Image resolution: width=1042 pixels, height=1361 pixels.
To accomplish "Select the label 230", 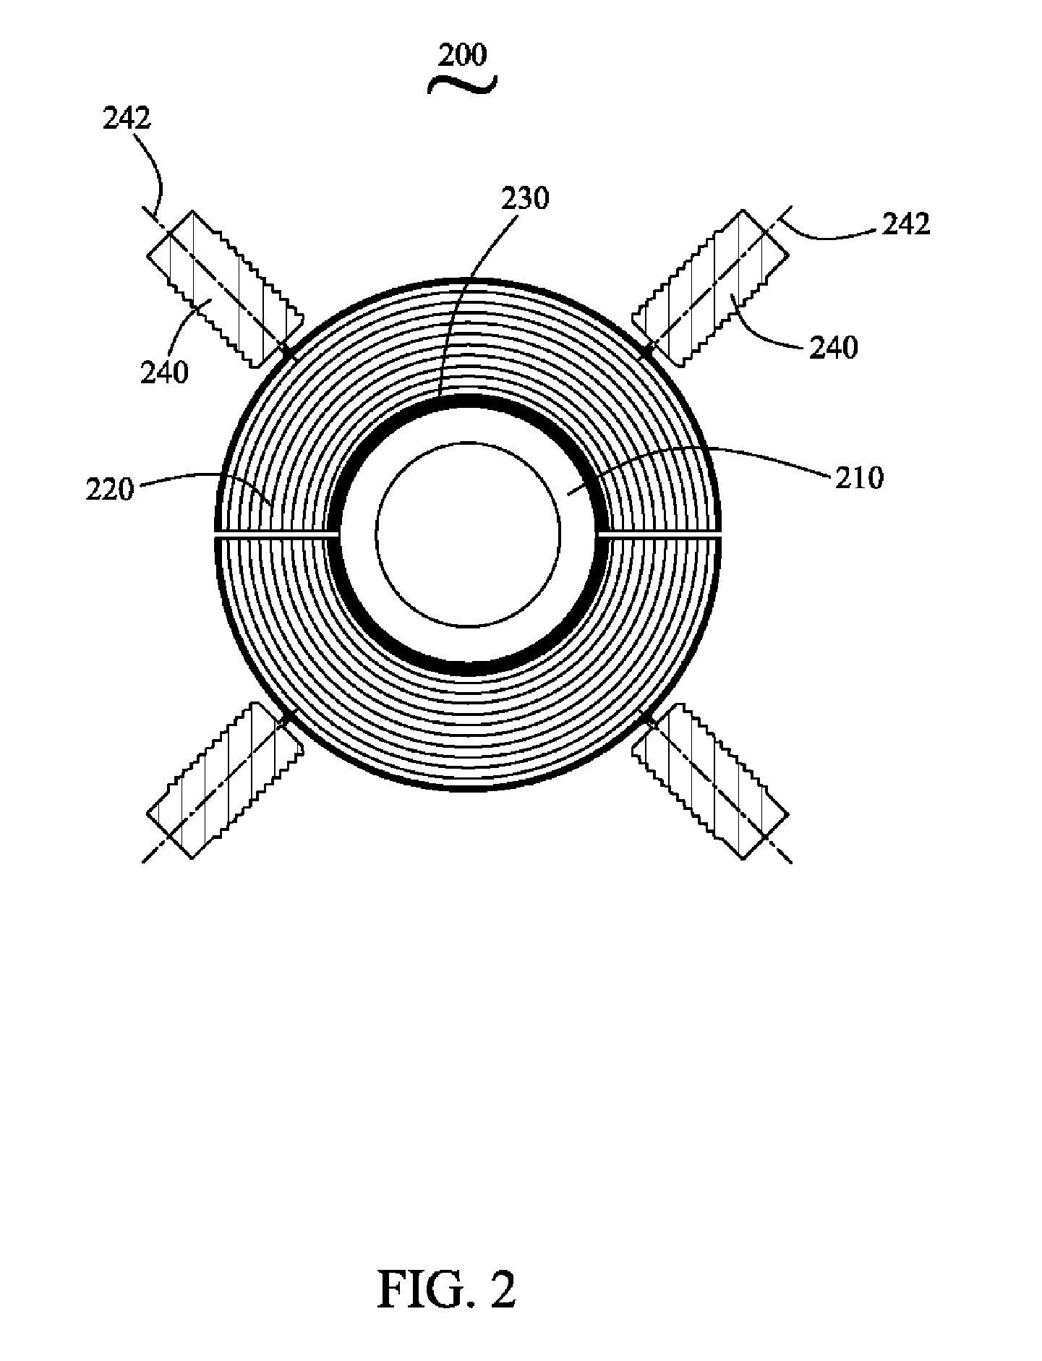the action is [526, 198].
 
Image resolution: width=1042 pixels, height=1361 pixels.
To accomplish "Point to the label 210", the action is [860, 478].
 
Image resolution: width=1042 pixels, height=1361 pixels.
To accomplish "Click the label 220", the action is [110, 490].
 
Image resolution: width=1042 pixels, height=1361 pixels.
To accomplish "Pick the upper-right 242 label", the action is [905, 224].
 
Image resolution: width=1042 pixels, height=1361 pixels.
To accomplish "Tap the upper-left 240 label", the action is [164, 372].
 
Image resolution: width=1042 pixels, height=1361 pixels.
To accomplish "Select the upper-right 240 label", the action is [834, 348].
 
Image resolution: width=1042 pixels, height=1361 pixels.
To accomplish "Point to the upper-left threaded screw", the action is [224, 286].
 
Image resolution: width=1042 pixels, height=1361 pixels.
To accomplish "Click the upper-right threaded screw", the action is [711, 286].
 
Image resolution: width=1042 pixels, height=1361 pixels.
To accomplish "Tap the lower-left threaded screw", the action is [224, 780].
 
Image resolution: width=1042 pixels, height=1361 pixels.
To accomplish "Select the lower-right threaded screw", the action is [711, 780].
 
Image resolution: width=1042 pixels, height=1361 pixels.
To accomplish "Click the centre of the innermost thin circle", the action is [468, 534].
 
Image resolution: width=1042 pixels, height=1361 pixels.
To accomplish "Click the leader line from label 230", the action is [477, 296].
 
